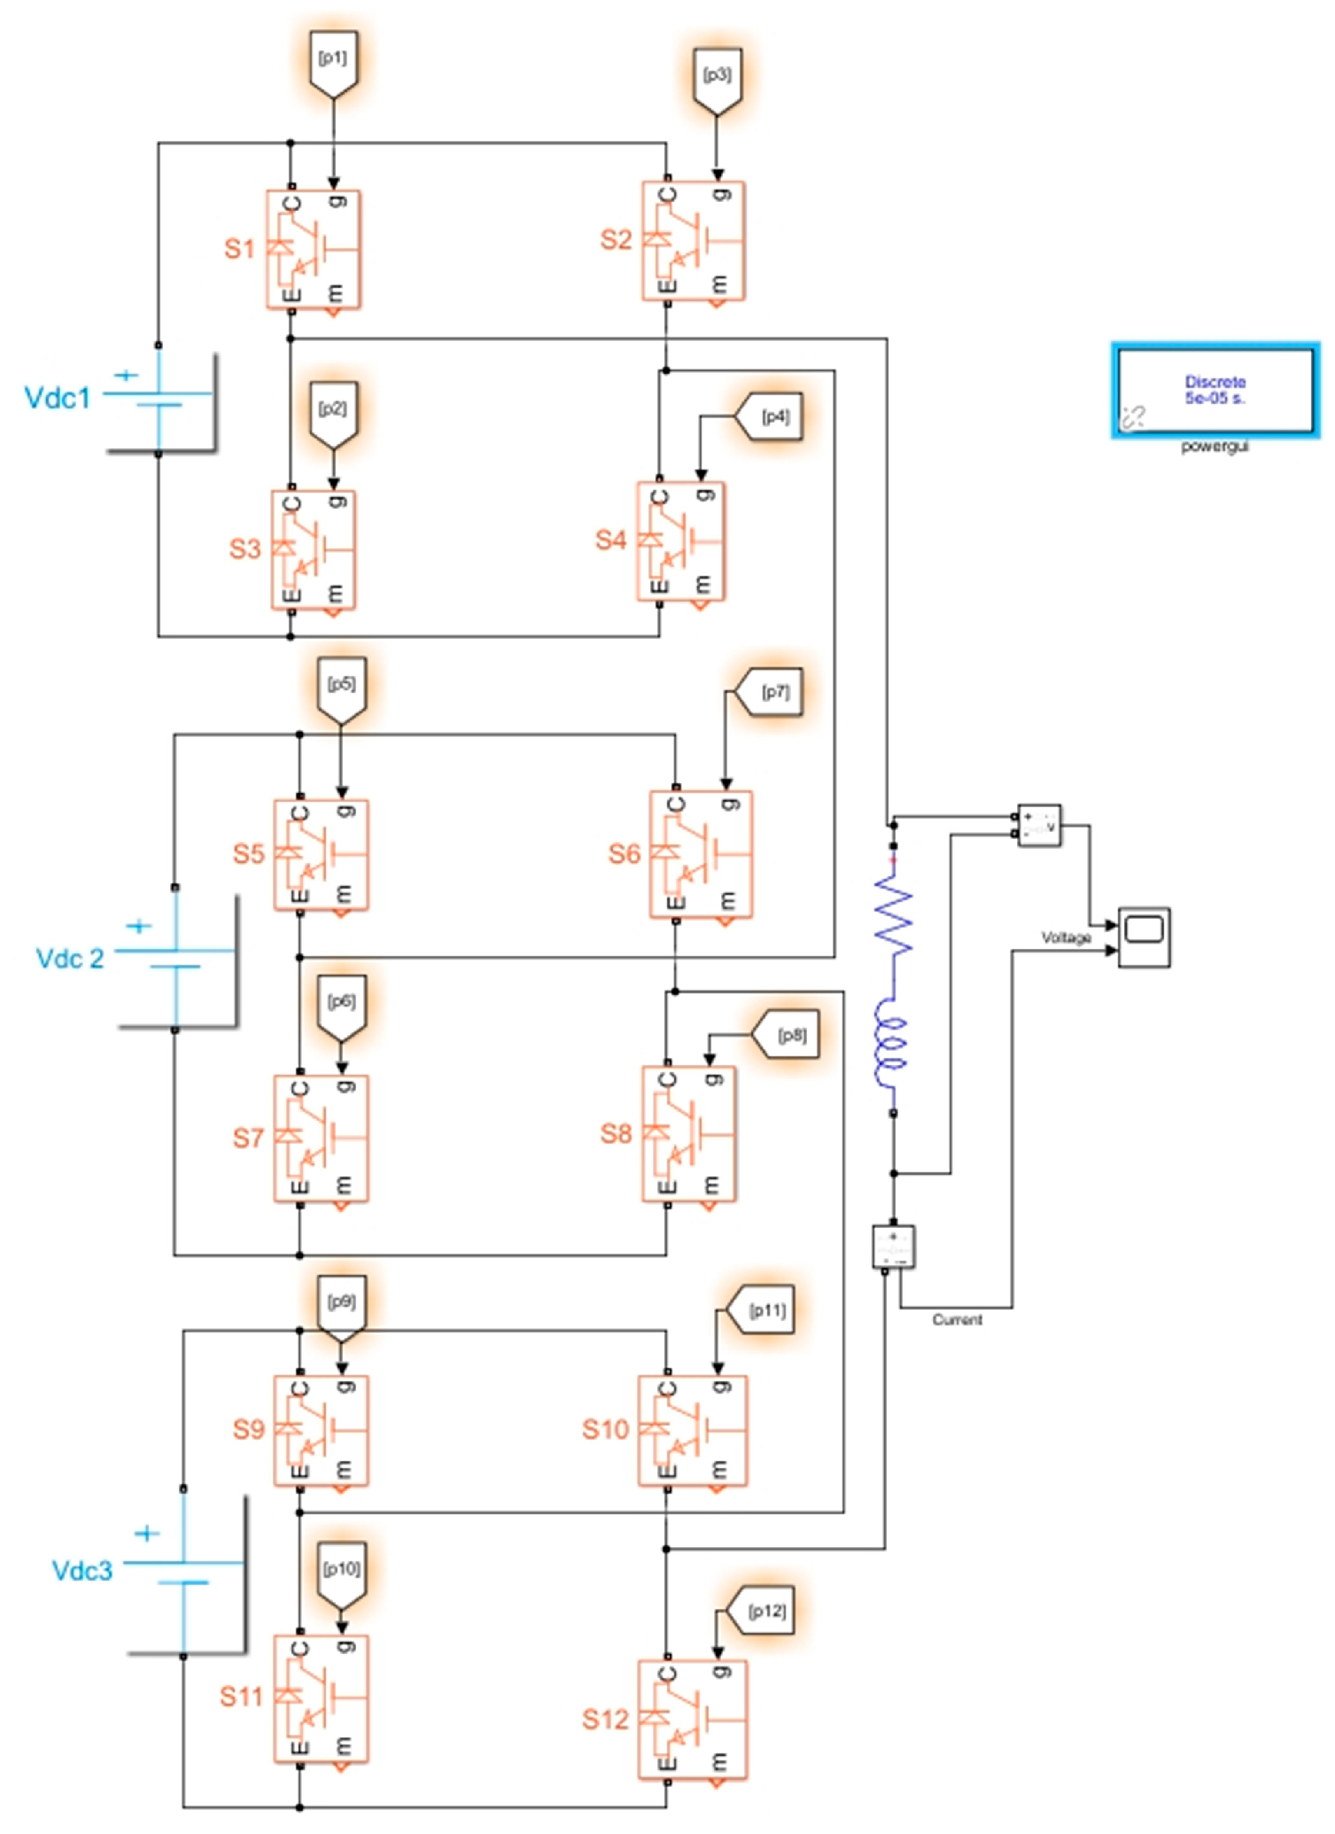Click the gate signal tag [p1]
click(333, 60)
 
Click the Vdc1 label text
click(58, 399)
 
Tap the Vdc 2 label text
click(69, 959)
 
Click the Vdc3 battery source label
click(81, 1571)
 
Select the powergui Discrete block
click(1215, 390)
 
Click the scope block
click(1144, 937)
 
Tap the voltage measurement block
click(1039, 826)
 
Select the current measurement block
click(893, 1247)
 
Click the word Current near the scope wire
click(957, 1320)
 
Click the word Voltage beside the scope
click(1066, 937)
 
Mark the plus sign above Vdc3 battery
click(146, 1534)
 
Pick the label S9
click(249, 1429)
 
